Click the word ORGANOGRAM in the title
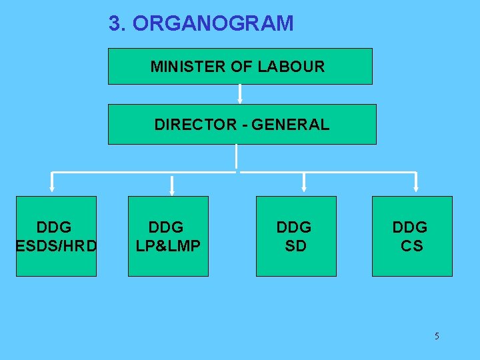pos(213,24)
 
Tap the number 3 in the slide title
pos(115,24)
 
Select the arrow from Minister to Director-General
pos(240,93)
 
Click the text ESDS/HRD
pos(56,246)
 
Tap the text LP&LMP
pos(168,246)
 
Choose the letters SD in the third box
pos(295,246)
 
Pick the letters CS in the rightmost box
pos(411,246)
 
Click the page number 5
pos(437,336)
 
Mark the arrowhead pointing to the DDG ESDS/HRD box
pos(53,191)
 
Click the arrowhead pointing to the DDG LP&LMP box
pos(172,191)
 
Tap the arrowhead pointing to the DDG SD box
pos(305,191)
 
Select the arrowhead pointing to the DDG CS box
pos(417,191)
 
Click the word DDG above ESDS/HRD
pos(54,228)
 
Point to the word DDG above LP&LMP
pos(166,228)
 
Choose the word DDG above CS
pos(410,228)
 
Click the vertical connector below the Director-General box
pos(237,157)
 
